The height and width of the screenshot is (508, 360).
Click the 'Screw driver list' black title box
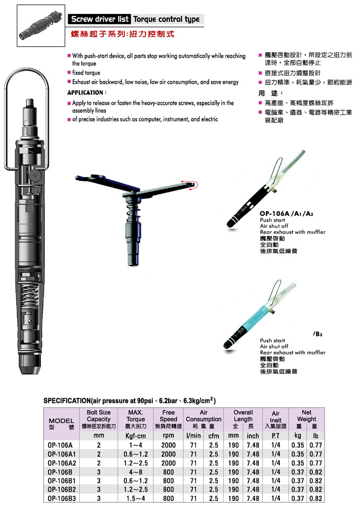click(99, 19)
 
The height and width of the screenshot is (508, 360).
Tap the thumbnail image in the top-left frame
click(40, 25)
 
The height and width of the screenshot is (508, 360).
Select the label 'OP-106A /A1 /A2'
click(287, 213)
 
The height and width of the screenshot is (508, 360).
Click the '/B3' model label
click(318, 334)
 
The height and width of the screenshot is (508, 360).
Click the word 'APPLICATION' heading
click(85, 93)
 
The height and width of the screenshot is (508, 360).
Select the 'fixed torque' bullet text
click(86, 73)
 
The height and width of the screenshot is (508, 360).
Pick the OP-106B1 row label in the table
click(61, 481)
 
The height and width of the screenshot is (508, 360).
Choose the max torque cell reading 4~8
click(135, 472)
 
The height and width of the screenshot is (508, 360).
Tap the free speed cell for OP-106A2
click(168, 463)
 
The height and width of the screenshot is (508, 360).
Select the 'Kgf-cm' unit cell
click(135, 436)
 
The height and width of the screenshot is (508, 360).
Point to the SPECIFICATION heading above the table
click(130, 401)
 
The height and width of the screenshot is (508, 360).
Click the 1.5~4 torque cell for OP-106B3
click(135, 498)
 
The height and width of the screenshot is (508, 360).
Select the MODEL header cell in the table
click(61, 424)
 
